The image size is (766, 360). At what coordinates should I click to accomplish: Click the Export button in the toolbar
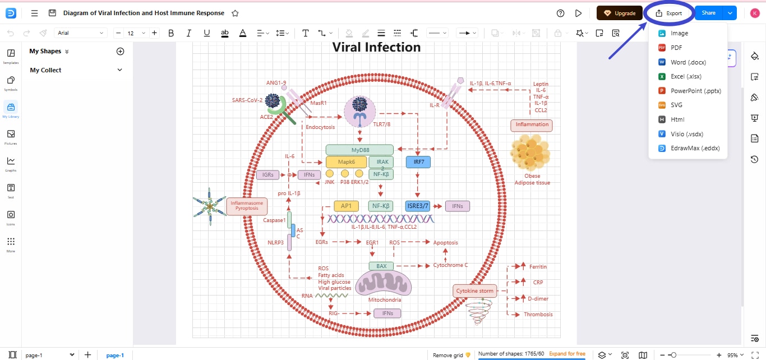tap(669, 13)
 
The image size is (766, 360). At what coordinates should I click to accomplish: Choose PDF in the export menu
tap(676, 48)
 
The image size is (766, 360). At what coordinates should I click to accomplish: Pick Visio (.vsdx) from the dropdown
tap(686, 134)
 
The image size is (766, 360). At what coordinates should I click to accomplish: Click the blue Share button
tap(708, 13)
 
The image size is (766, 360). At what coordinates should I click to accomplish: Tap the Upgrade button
tap(619, 13)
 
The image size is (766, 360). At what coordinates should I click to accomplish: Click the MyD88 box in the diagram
tap(359, 150)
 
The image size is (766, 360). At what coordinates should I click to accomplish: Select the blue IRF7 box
tap(418, 162)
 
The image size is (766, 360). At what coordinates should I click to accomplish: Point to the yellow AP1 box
tap(346, 206)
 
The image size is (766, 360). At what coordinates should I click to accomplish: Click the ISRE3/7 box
tap(418, 206)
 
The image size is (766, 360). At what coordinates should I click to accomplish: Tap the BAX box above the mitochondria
tap(381, 266)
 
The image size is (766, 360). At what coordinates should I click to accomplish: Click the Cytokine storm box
tap(474, 291)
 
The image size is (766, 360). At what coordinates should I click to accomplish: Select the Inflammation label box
tap(532, 124)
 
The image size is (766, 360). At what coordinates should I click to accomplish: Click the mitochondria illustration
tap(385, 283)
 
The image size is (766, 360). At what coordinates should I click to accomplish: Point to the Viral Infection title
tap(376, 47)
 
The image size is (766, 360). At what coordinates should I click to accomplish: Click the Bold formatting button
tap(171, 33)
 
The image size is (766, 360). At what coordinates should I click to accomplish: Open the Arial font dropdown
tap(81, 33)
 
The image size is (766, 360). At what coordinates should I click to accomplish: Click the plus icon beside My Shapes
tap(120, 52)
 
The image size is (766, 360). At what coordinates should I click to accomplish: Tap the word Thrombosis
tap(538, 315)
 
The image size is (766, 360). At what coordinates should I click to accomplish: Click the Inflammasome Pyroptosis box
tap(247, 206)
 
